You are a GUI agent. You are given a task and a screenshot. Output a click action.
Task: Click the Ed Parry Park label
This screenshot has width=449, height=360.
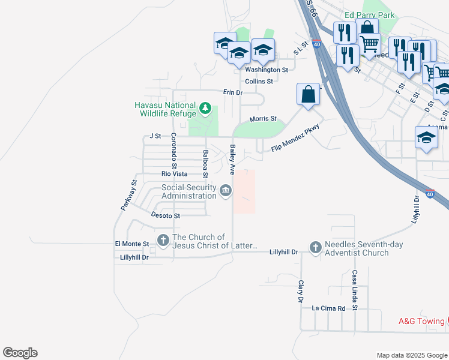(x=369, y=15)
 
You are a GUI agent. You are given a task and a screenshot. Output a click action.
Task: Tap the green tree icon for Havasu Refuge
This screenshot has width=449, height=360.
(x=206, y=109)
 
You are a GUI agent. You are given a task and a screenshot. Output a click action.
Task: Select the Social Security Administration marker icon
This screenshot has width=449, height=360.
(x=225, y=191)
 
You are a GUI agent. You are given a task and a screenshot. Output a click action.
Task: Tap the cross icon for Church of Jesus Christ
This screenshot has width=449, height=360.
(x=163, y=241)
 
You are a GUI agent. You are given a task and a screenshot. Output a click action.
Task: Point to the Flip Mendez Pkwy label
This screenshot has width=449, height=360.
(x=294, y=139)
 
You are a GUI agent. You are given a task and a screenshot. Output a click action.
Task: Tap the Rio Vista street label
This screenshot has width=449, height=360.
(x=174, y=174)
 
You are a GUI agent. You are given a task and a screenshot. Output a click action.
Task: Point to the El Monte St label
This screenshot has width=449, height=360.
(x=131, y=244)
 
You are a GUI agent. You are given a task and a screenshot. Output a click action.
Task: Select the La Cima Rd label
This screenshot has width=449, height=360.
(x=328, y=308)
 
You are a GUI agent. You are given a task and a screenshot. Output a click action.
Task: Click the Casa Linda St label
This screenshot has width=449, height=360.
(x=355, y=290)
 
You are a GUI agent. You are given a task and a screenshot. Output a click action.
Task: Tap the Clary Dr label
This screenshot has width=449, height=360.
(x=300, y=291)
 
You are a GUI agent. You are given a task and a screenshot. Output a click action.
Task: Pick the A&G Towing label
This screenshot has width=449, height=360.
(x=421, y=321)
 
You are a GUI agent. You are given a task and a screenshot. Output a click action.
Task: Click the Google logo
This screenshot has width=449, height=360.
(x=20, y=353)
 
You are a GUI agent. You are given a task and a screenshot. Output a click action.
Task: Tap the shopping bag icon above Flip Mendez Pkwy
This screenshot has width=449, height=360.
(x=308, y=95)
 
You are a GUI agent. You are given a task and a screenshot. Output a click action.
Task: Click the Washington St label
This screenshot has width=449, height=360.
(x=267, y=70)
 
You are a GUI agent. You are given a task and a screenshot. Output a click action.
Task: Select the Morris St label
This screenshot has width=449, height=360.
(x=263, y=119)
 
